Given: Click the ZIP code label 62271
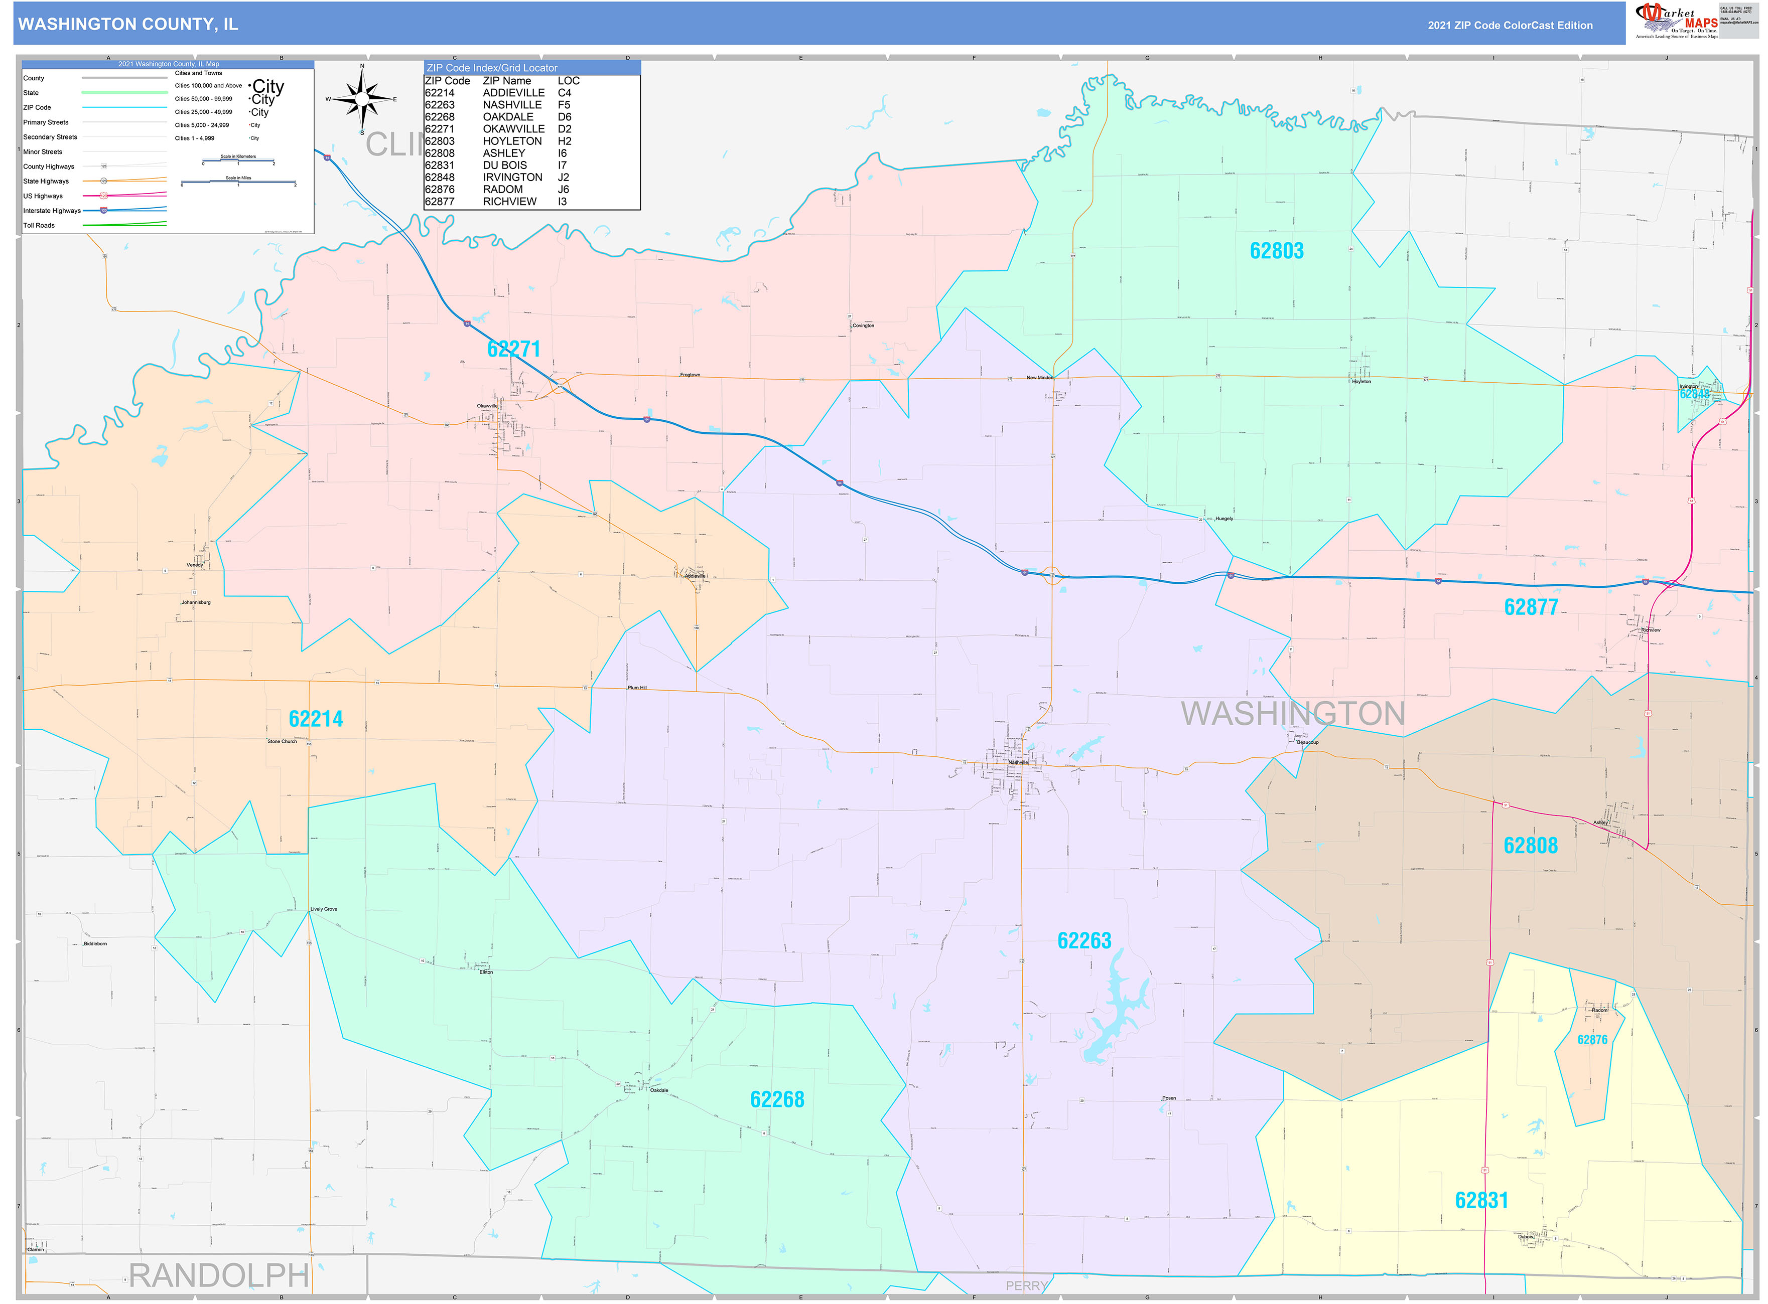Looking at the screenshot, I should (513, 349).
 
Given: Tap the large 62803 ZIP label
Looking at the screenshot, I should (1276, 251).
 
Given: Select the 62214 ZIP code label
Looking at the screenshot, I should (316, 719).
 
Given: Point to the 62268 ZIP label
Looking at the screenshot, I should (777, 1099).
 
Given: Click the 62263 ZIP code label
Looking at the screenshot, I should (1084, 941).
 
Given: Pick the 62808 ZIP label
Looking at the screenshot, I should (1530, 846).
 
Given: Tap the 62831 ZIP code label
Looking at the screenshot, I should (1481, 1201).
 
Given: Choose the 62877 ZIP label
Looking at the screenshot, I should (1531, 607).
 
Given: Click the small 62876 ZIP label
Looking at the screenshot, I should (1592, 1040).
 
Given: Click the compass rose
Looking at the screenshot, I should (362, 99).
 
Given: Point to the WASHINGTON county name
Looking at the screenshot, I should (1293, 714).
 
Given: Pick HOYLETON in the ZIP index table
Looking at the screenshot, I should (512, 141).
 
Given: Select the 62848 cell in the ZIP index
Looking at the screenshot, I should (440, 178).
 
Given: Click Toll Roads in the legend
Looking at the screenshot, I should (40, 226).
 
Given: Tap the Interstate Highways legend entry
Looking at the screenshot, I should (52, 211).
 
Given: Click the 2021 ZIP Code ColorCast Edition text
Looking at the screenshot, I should (1510, 25).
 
